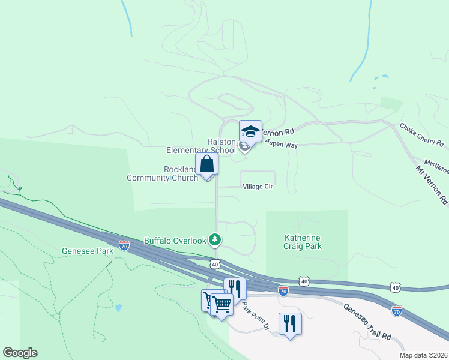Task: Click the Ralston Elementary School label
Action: coord(221,146)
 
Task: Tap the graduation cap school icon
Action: coord(250,131)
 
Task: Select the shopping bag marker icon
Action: coord(207,164)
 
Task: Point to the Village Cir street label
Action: coord(258,187)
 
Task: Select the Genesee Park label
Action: coord(87,251)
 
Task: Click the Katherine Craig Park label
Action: coord(303,242)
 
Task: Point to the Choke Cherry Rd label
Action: coord(422,135)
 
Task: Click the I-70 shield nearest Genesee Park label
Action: coord(124,245)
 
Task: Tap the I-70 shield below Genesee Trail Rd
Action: coord(397,311)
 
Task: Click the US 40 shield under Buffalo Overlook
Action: coord(215,264)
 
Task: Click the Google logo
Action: coord(20,353)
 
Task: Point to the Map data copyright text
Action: coord(423,355)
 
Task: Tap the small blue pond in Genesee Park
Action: coord(118,308)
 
